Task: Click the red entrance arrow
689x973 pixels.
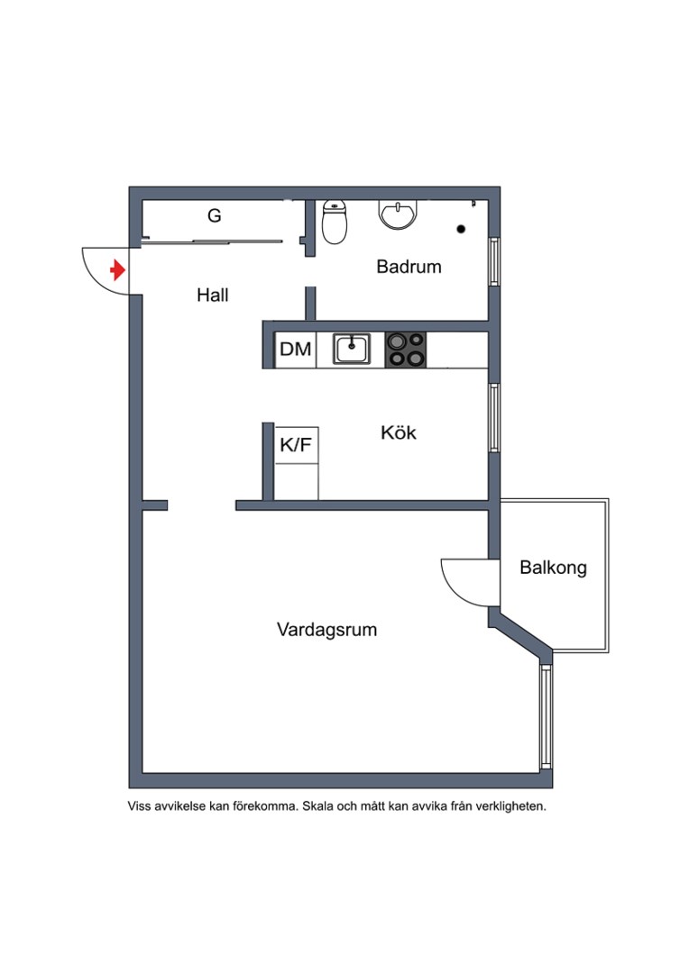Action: [x=117, y=269]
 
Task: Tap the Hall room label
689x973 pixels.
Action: [x=213, y=295]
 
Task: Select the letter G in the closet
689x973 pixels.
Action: [x=215, y=216]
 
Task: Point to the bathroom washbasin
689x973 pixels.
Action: [x=398, y=214]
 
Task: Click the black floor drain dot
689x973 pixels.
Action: [x=462, y=229]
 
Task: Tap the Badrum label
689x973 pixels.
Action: [x=409, y=267]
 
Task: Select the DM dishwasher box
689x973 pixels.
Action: [x=295, y=350]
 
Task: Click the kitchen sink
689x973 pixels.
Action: [x=352, y=349]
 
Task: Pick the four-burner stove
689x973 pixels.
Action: [x=406, y=350]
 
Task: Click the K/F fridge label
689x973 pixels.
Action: [x=297, y=444]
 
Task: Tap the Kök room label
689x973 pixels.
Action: [x=399, y=432]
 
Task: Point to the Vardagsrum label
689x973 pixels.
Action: [x=326, y=630]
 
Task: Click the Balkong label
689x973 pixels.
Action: [x=553, y=568]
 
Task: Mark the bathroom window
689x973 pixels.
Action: [x=493, y=262]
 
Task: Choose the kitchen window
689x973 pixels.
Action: [x=493, y=417]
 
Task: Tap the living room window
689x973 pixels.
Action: [x=545, y=715]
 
